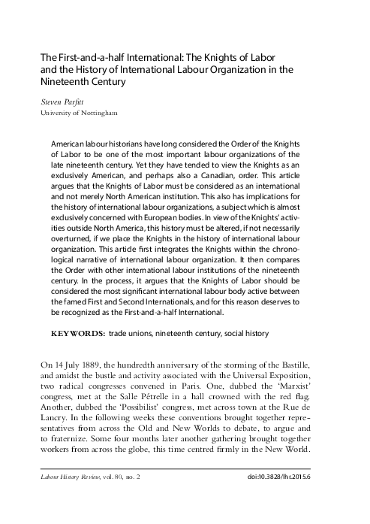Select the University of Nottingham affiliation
point(78,114)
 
